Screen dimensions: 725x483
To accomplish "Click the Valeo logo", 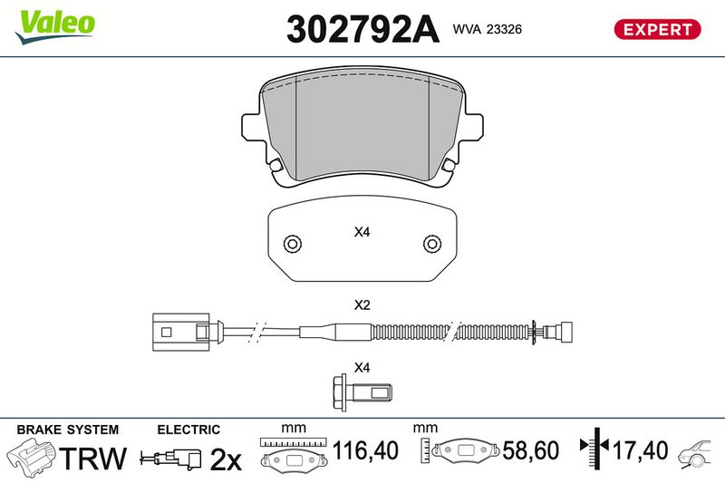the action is pyautogui.click(x=54, y=26).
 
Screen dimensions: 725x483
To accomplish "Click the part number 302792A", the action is pyautogui.click(x=362, y=29).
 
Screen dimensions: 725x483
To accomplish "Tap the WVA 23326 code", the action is pyautogui.click(x=488, y=29).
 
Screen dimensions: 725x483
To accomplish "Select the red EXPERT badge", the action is pyautogui.click(x=657, y=29).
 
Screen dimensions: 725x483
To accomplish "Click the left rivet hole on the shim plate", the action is pyautogui.click(x=293, y=244).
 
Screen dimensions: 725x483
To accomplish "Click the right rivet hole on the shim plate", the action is pyautogui.click(x=432, y=244).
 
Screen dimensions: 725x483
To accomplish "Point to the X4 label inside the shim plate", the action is pyautogui.click(x=362, y=232).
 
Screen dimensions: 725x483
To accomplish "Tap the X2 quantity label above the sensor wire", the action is pyautogui.click(x=362, y=305).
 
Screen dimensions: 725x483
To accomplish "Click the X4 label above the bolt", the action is pyautogui.click(x=362, y=368).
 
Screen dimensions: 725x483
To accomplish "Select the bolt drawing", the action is pyautogui.click(x=362, y=393).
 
